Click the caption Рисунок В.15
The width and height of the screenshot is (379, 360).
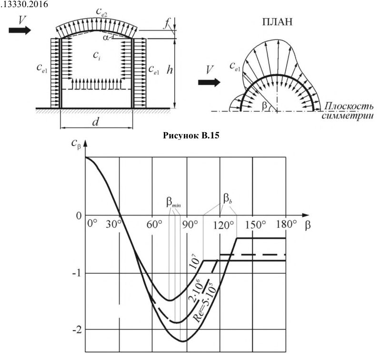tap(191, 136)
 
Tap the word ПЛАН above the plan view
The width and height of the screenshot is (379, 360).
tap(277, 22)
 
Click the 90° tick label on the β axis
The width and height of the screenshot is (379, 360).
tap(190, 224)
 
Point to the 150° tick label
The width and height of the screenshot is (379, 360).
tap(256, 224)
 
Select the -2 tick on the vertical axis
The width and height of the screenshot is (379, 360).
tap(77, 330)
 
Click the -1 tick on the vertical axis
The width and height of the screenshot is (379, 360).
tap(77, 273)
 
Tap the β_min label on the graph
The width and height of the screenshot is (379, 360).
tap(173, 203)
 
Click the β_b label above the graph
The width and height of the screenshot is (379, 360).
tap(228, 199)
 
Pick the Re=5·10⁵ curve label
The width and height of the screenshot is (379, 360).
tap(204, 302)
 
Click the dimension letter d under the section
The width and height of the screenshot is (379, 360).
tap(96, 122)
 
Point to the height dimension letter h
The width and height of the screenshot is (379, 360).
tap(170, 70)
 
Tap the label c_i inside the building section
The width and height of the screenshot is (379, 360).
tap(97, 56)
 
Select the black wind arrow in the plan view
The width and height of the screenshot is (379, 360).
tap(209, 83)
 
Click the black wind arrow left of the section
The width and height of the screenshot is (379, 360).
tap(20, 30)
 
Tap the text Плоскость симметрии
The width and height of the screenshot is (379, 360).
tap(348, 111)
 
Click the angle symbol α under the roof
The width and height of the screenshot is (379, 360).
tap(106, 38)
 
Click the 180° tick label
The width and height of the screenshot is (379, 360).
tap(286, 224)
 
